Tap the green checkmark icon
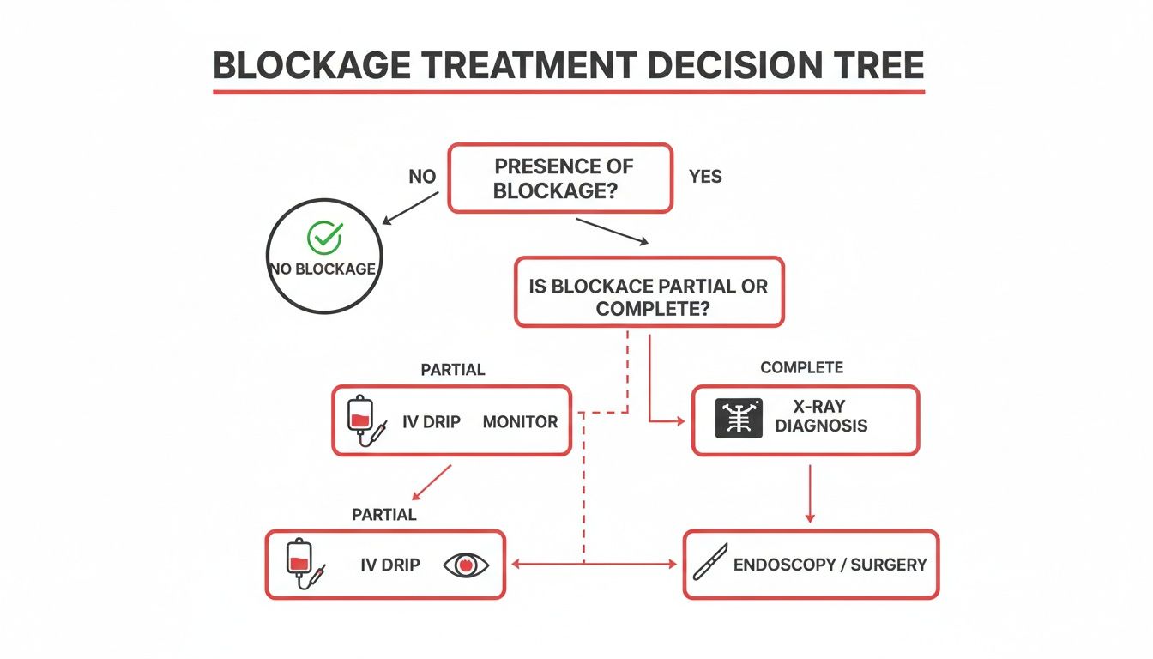tap(324, 237)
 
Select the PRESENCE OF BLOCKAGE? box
tap(559, 178)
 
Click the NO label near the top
tap(423, 177)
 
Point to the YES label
tap(705, 177)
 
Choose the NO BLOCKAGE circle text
tap(323, 269)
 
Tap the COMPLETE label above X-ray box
tap(801, 367)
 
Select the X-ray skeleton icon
tap(738, 420)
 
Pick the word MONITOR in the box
tap(520, 421)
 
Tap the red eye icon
tap(467, 565)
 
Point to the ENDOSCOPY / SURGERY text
tap(830, 565)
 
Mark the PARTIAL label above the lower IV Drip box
tap(384, 515)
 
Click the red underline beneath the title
tap(569, 91)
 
